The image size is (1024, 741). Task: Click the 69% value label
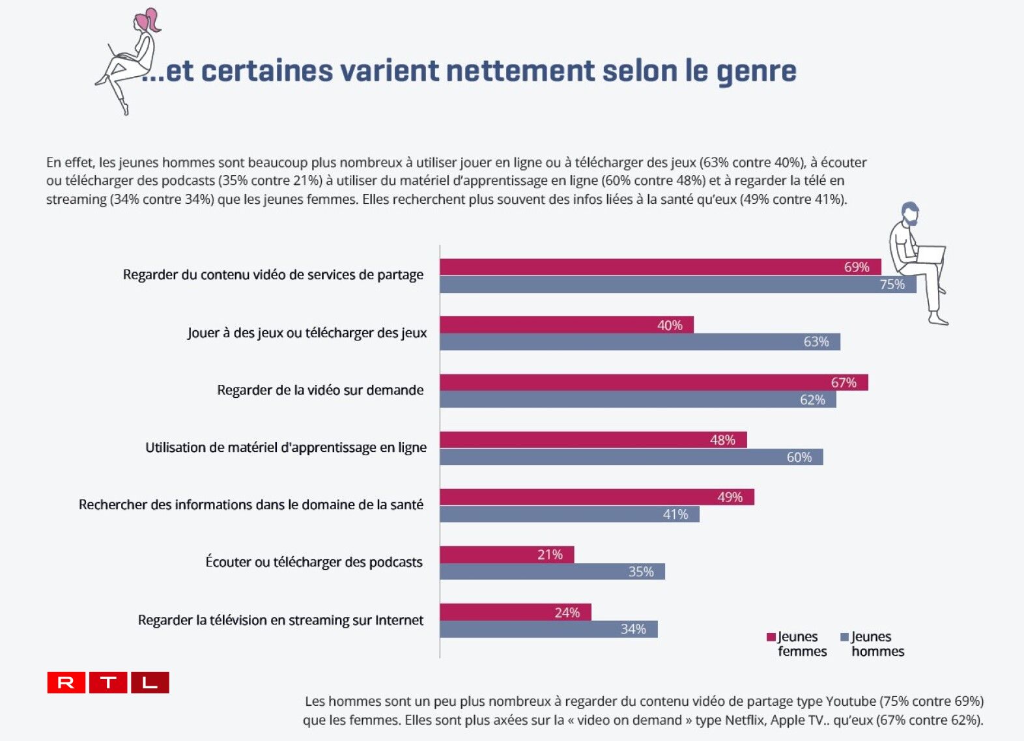857,267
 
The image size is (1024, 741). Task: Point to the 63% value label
816,342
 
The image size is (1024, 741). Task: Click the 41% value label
676,514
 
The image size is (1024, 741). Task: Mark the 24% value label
567,612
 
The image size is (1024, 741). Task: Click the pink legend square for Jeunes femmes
771,637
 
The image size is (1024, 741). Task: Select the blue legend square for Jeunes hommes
845,637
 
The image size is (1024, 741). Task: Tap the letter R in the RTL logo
66,682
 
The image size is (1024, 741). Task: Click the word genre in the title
756,72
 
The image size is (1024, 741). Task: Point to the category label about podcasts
314,562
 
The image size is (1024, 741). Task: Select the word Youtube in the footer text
851,701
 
